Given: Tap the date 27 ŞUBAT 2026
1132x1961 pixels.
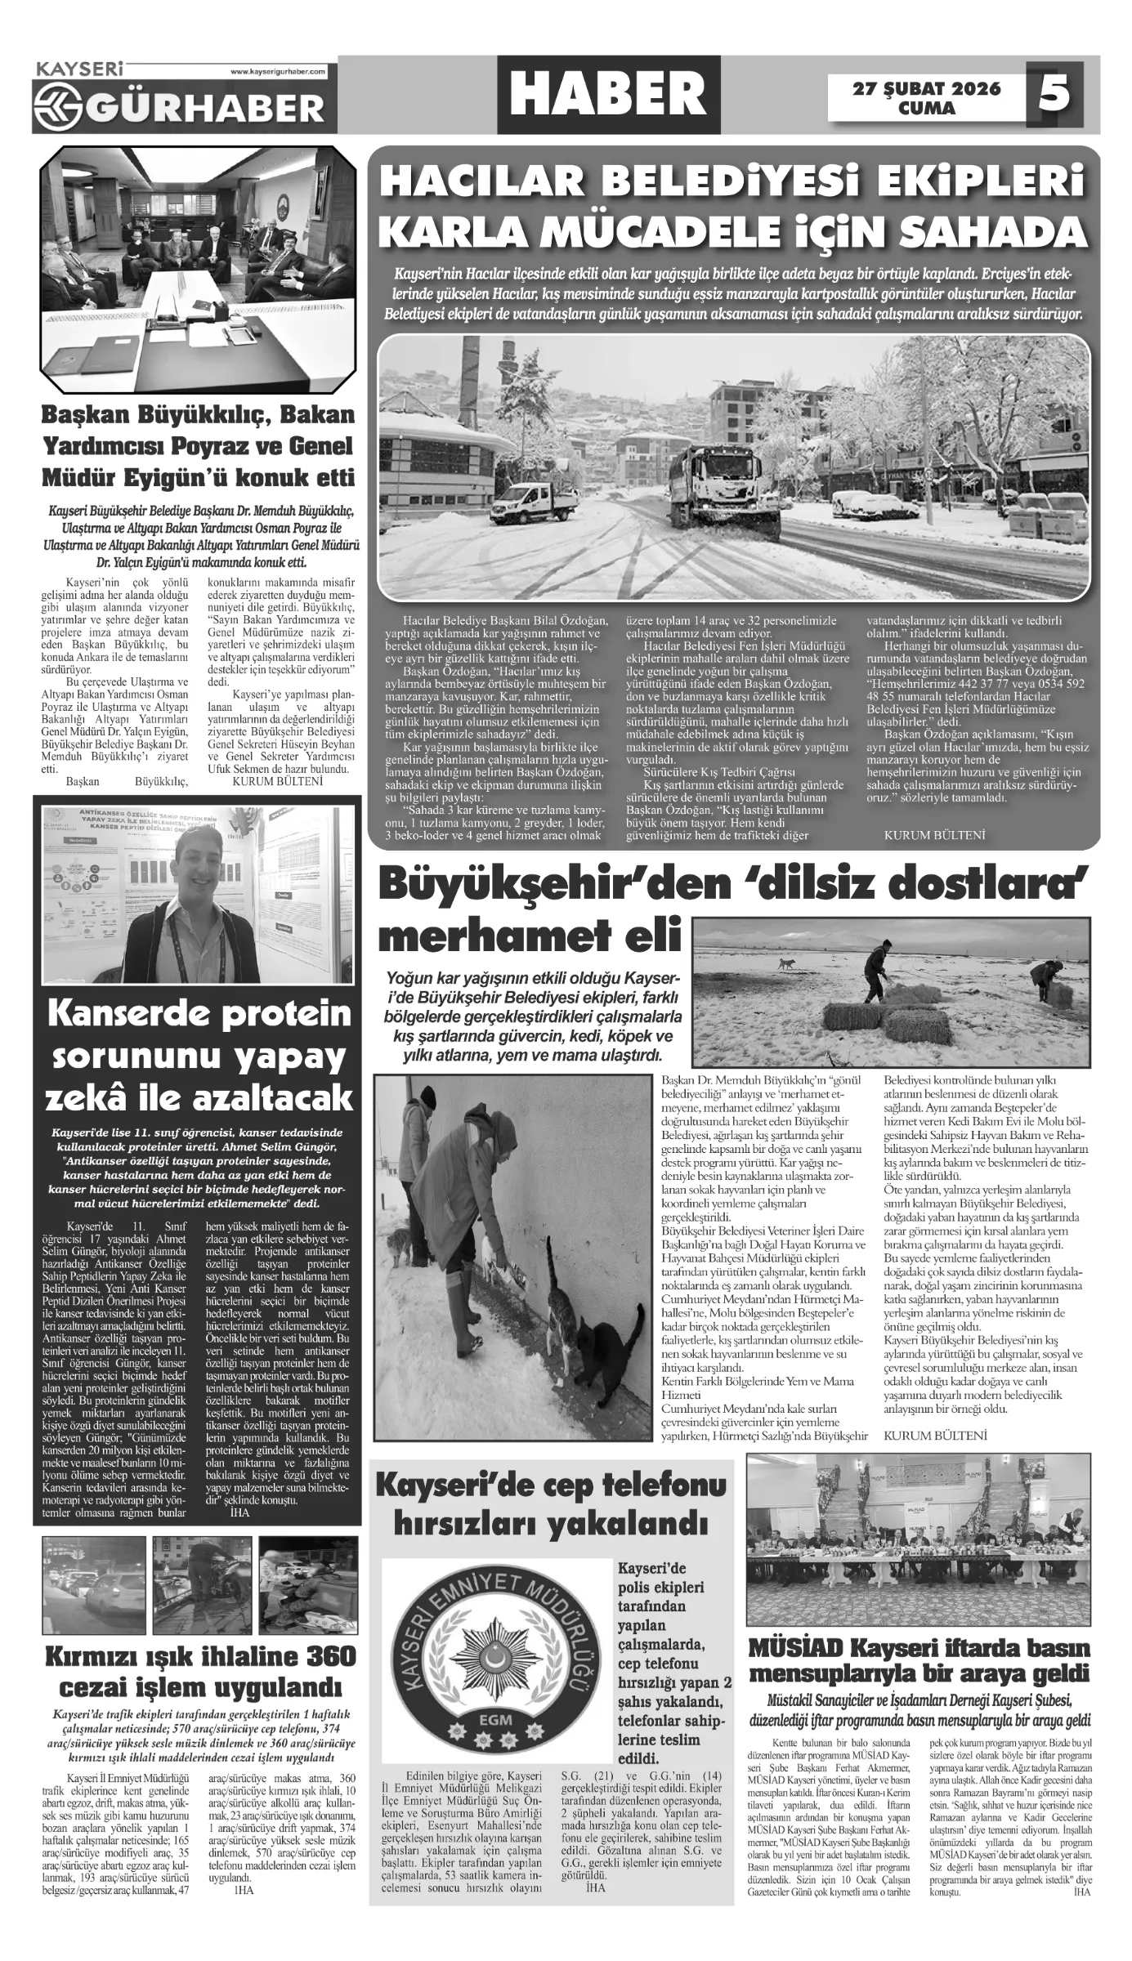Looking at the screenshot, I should point(926,88).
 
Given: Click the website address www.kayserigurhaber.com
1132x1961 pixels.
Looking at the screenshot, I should point(278,72).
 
